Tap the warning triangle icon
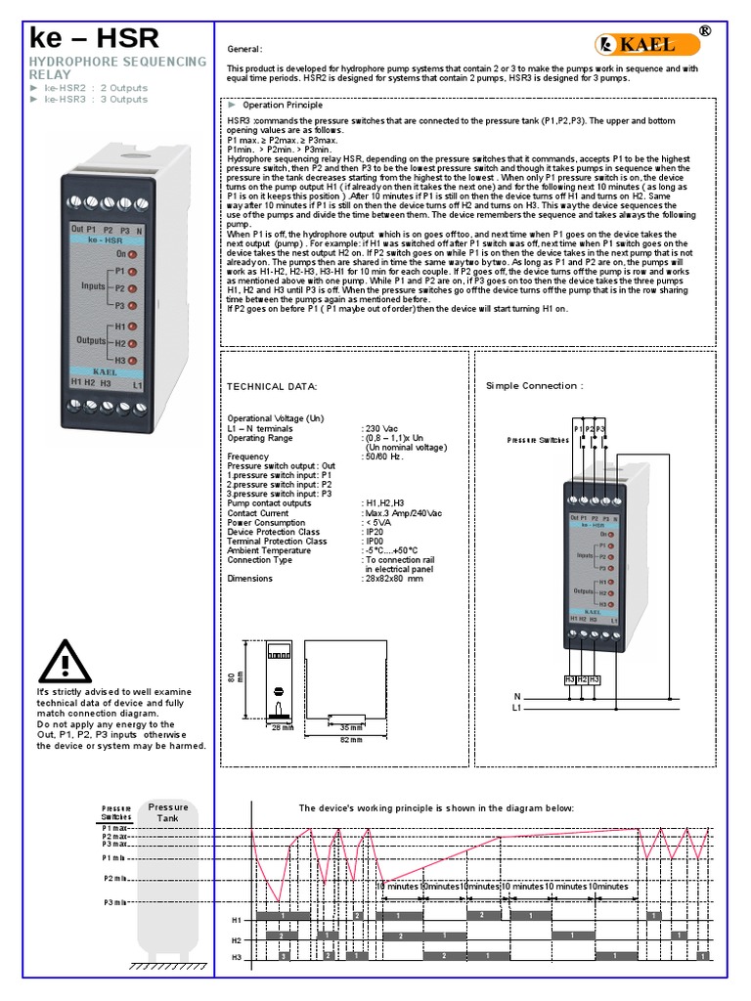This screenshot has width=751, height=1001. [66, 662]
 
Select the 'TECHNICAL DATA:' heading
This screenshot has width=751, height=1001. [273, 387]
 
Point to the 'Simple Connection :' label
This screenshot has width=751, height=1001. [534, 386]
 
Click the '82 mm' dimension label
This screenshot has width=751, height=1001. [322, 740]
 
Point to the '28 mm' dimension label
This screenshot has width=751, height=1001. [283, 728]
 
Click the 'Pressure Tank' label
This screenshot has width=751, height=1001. [168, 812]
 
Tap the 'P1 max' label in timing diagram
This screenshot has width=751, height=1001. [115, 827]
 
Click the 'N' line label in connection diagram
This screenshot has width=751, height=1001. [516, 696]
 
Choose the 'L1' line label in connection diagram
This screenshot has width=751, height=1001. [516, 707]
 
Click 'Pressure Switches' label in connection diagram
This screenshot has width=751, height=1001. [538, 441]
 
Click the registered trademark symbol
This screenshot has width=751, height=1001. [704, 31]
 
